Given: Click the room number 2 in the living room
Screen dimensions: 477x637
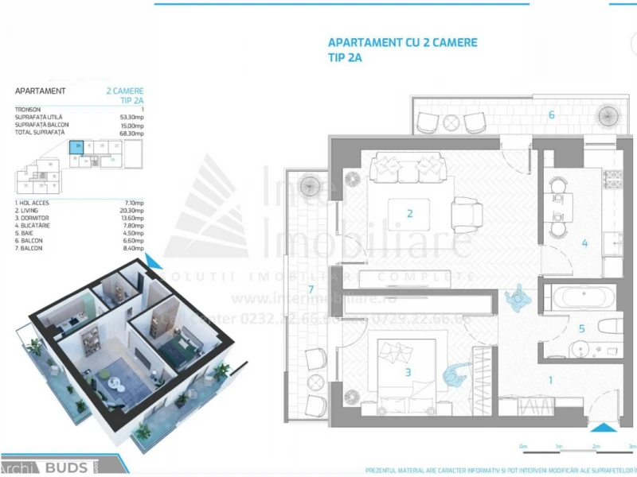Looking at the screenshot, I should click(x=409, y=213).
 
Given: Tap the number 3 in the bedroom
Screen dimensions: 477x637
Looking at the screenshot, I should click(x=408, y=371).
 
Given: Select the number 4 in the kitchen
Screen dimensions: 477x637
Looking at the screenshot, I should click(x=584, y=243).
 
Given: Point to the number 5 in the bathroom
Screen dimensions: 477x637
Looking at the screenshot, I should click(x=581, y=328).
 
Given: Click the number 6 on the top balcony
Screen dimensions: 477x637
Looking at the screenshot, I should click(x=551, y=114).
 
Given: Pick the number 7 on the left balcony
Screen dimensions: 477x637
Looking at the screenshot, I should click(x=311, y=289).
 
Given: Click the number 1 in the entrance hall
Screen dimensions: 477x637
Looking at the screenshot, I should click(x=550, y=380).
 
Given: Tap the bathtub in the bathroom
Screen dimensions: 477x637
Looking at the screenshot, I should click(x=584, y=298).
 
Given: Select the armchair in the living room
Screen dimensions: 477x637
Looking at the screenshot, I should click(x=467, y=212).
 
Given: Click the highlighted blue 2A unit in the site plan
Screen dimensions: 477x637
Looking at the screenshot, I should click(x=77, y=146).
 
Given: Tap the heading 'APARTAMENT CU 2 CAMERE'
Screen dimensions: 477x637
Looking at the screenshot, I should click(x=403, y=43).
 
